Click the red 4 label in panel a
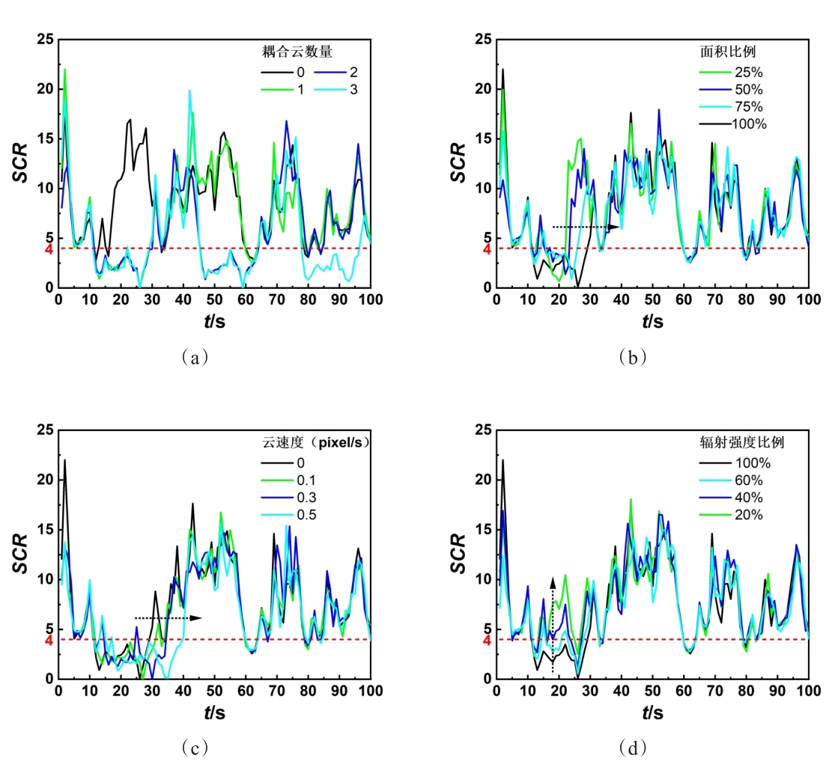click(x=49, y=248)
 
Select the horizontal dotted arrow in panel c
click(x=168, y=617)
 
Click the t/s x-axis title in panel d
click(x=652, y=713)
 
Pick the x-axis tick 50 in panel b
click(x=652, y=299)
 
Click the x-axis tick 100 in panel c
click(x=371, y=691)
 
